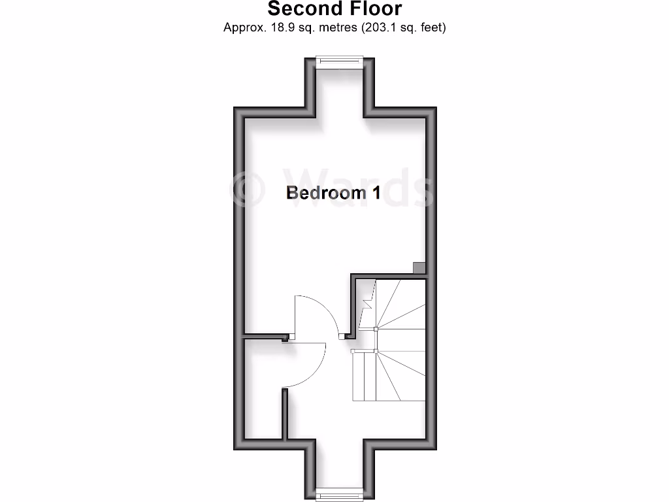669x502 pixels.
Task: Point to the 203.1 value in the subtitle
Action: point(378,27)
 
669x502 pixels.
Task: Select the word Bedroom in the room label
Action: point(318,193)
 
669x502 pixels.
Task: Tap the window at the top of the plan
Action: point(339,62)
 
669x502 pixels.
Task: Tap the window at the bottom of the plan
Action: point(339,494)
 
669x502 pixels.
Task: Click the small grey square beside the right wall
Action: point(419,267)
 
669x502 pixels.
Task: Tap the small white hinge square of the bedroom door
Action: point(291,336)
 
